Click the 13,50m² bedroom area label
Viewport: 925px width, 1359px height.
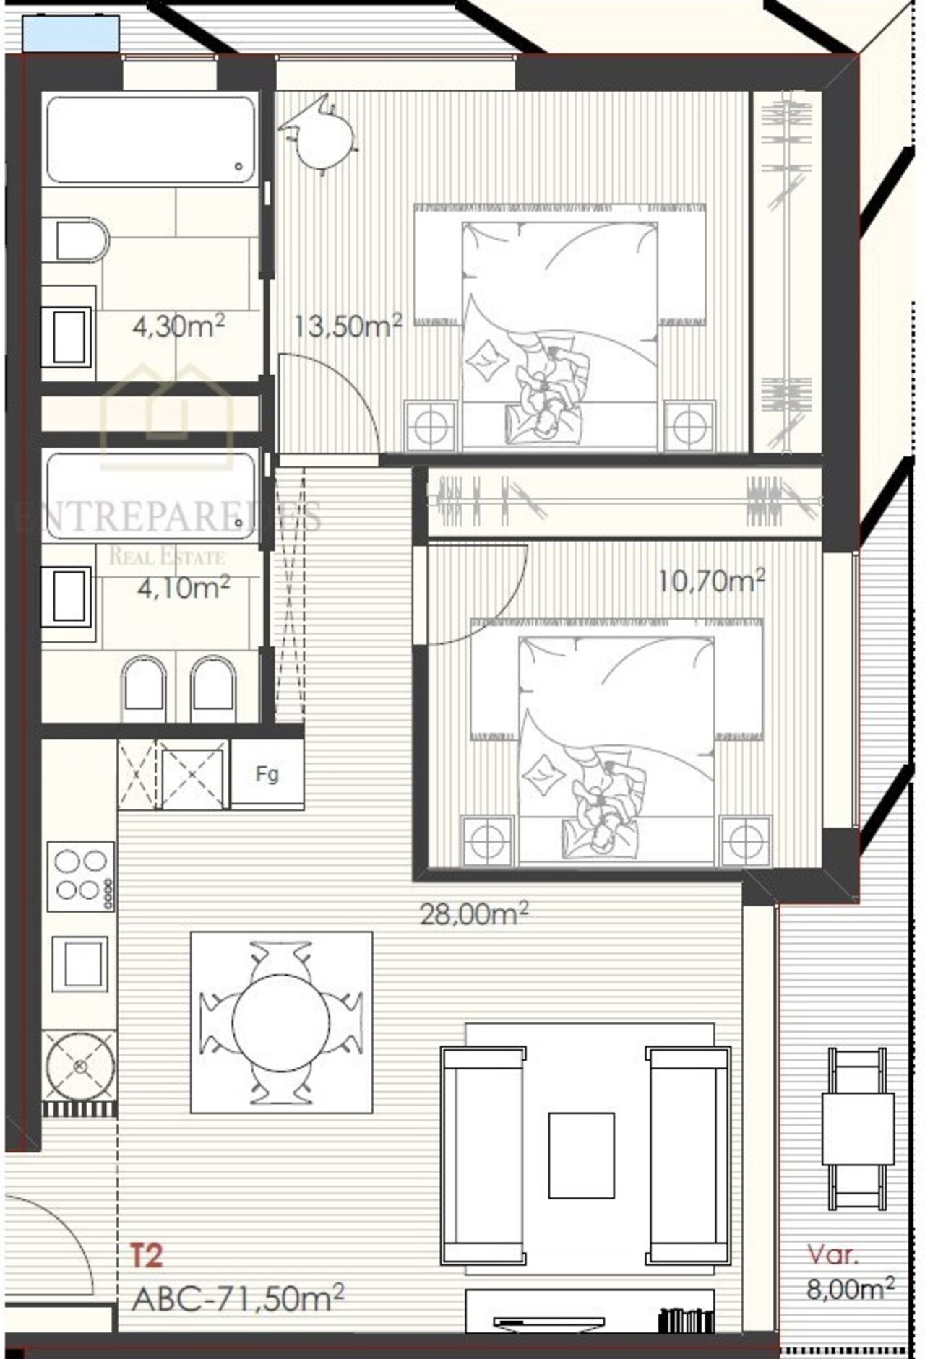[348, 326]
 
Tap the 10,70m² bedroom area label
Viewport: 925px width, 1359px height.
[712, 580]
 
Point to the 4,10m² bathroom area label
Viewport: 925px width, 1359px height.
[184, 587]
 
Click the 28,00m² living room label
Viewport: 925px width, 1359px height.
[474, 914]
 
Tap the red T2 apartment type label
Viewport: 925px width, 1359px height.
[146, 1255]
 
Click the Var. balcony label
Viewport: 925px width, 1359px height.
[832, 1254]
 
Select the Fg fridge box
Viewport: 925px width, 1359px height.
[267, 774]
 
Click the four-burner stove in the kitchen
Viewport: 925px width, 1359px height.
[81, 876]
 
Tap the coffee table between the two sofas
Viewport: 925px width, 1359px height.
[581, 1155]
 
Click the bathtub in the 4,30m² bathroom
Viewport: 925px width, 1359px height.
[150, 139]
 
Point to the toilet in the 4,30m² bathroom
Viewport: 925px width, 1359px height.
[75, 241]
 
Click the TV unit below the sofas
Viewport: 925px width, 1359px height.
[590, 1310]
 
